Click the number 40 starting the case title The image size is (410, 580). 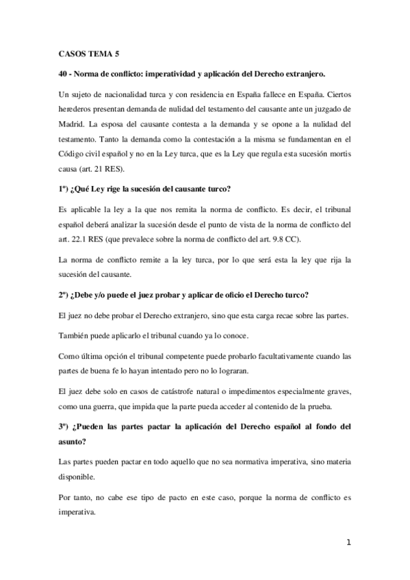tap(65, 72)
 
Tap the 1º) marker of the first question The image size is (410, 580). tap(66, 189)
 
